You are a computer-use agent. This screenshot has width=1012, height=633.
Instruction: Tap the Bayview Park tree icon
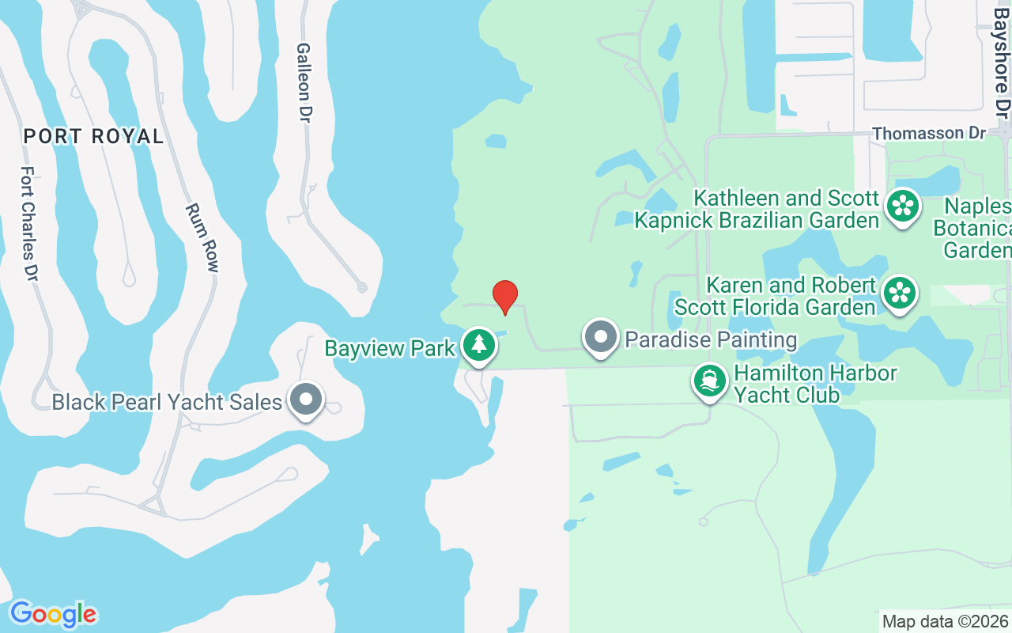pyautogui.click(x=478, y=345)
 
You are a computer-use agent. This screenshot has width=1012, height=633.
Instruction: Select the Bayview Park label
pyautogui.click(x=391, y=348)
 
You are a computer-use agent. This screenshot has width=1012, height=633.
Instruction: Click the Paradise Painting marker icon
pyautogui.click(x=601, y=337)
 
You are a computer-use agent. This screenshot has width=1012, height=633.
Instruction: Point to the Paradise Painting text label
pyautogui.click(x=711, y=340)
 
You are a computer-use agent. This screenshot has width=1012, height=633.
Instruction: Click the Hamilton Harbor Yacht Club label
pyautogui.click(x=814, y=384)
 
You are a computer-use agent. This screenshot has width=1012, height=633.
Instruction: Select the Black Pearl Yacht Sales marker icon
pyautogui.click(x=305, y=400)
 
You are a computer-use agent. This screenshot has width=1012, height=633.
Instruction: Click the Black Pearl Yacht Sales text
pyautogui.click(x=167, y=403)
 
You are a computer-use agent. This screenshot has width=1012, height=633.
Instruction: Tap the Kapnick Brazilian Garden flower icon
pyautogui.click(x=902, y=206)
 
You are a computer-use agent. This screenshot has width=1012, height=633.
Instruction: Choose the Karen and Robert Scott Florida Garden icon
pyautogui.click(x=899, y=293)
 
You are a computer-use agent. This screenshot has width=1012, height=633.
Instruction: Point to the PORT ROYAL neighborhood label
pyautogui.click(x=93, y=136)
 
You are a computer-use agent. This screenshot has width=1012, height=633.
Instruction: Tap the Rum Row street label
pyautogui.click(x=202, y=237)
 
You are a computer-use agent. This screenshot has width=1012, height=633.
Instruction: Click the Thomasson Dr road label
pyautogui.click(x=929, y=133)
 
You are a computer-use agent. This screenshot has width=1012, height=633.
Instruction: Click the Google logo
pyautogui.click(x=53, y=614)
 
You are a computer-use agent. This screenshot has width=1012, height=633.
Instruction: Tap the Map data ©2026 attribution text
pyautogui.click(x=945, y=622)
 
